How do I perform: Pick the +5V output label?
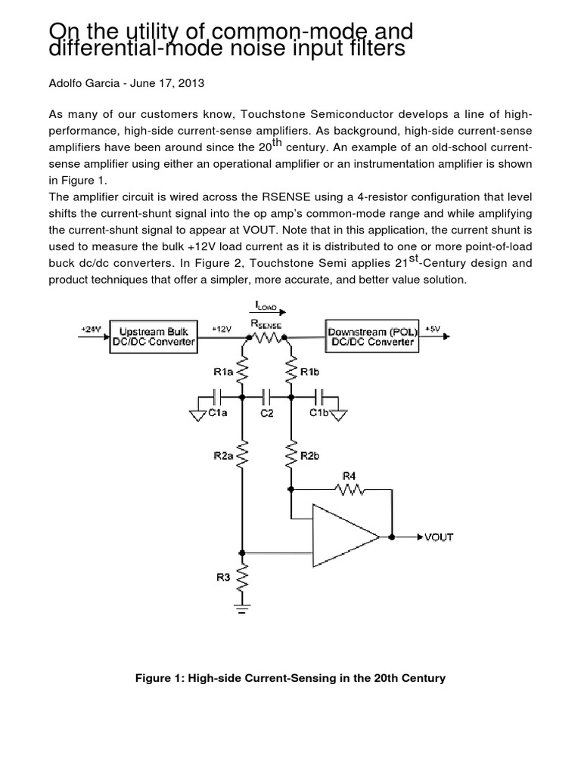(x=433, y=329)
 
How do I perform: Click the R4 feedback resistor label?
(x=349, y=476)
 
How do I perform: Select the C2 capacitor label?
(x=267, y=414)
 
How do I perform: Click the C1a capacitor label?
(x=218, y=413)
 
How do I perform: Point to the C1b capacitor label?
(x=318, y=413)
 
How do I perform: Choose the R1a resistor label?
(x=223, y=371)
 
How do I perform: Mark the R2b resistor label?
(x=309, y=455)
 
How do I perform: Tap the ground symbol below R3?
(x=243, y=605)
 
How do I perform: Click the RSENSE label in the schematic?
(x=268, y=324)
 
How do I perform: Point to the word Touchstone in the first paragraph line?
(x=250, y=114)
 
